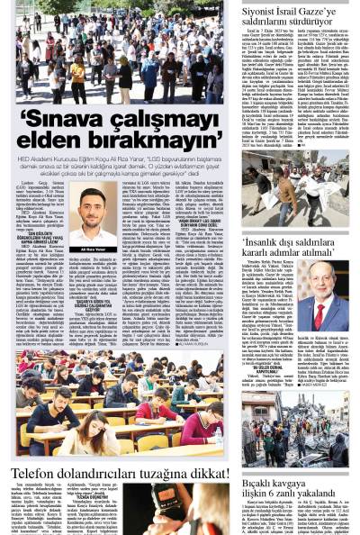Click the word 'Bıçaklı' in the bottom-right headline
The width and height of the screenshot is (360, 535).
pyautogui.click(x=264, y=484)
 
